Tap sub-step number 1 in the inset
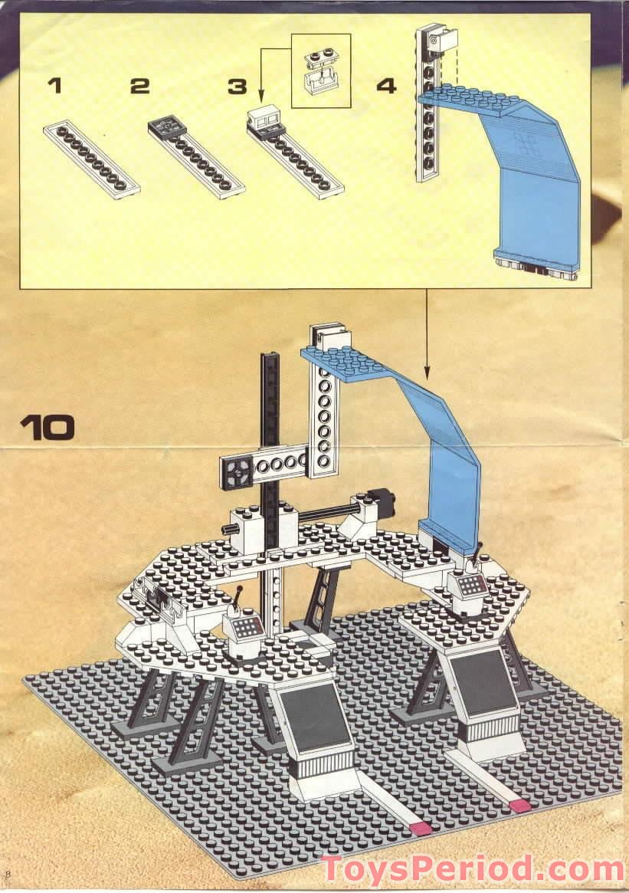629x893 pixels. pyautogui.click(x=54, y=85)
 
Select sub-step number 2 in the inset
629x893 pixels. pyautogui.click(x=139, y=85)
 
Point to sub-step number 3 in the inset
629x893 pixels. pyautogui.click(x=238, y=86)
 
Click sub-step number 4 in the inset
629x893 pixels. pyautogui.click(x=387, y=85)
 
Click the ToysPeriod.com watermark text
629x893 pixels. pyautogui.click(x=472, y=869)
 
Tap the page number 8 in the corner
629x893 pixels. pyautogui.click(x=8, y=875)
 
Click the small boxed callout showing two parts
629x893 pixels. pyautogui.click(x=321, y=70)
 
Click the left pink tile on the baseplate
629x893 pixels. pyautogui.click(x=421, y=829)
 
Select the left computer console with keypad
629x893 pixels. pyautogui.click(x=246, y=629)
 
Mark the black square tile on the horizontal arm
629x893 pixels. pyautogui.click(x=234, y=469)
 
